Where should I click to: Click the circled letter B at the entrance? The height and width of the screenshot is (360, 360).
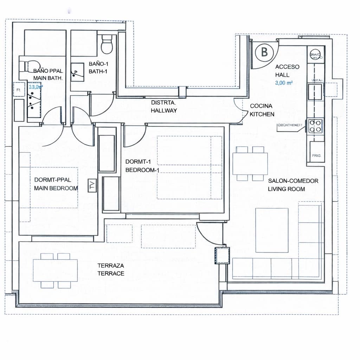(x=264, y=52)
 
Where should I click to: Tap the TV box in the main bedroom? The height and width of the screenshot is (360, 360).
(x=92, y=186)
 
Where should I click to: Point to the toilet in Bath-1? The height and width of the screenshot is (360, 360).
(x=106, y=44)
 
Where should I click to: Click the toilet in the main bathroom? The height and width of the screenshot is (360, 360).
(x=30, y=65)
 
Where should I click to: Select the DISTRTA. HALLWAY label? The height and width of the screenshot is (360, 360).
(x=164, y=107)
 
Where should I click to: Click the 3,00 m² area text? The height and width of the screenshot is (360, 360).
(x=284, y=83)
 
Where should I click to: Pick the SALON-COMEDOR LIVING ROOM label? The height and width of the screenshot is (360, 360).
(x=293, y=185)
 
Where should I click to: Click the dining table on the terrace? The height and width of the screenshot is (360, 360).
(x=56, y=270)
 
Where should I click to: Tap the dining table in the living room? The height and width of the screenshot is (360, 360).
(x=250, y=163)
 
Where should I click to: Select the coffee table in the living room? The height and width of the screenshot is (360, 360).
(x=272, y=230)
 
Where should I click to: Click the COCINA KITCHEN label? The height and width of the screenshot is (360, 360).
(x=262, y=110)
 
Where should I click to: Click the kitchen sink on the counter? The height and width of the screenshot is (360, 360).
(x=315, y=91)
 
